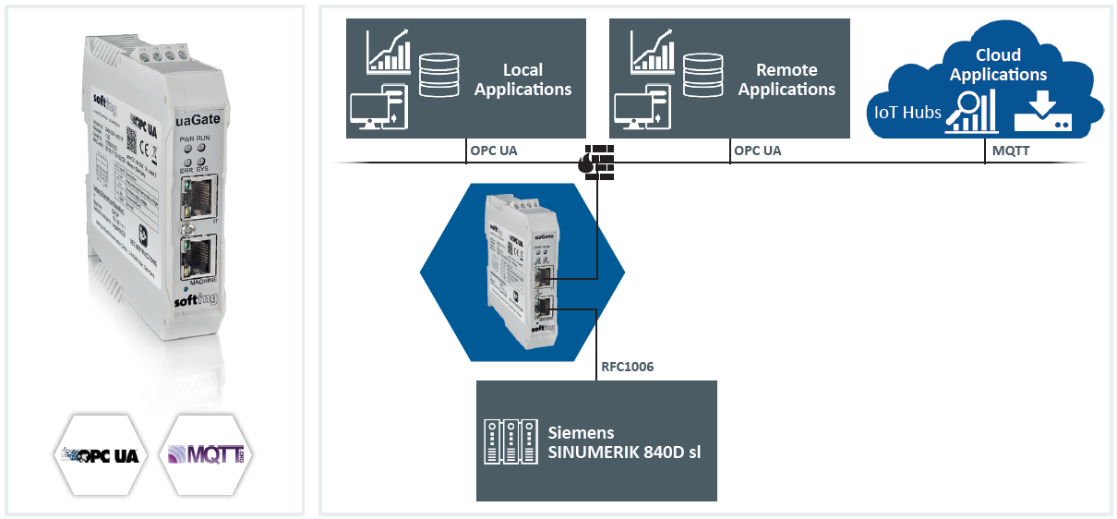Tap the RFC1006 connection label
629,367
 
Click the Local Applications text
523,79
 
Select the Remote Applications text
787,79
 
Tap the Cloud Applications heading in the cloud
998,66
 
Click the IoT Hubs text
908,113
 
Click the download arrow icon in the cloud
1042,113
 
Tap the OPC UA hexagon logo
100,454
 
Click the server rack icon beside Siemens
510,441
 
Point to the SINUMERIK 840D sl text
625,451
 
